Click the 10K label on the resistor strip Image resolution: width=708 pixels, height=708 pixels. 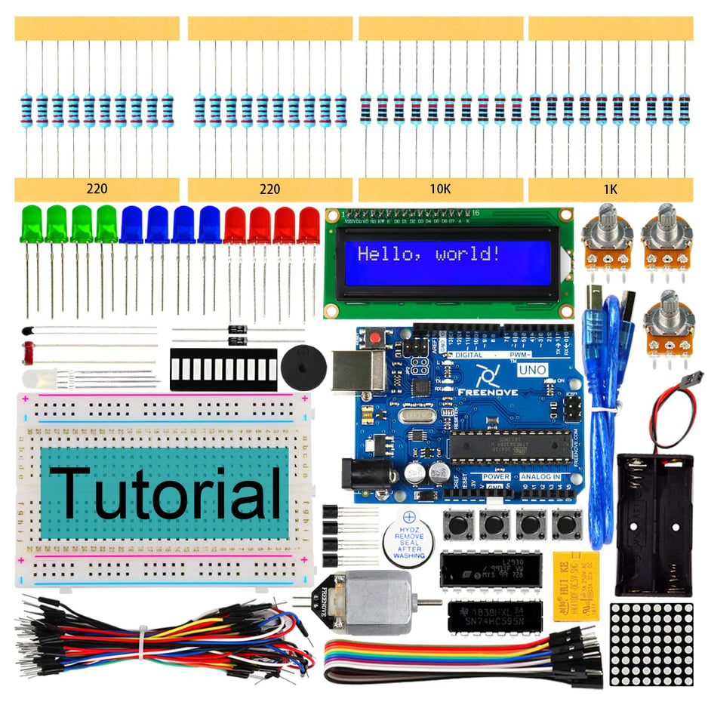(440, 189)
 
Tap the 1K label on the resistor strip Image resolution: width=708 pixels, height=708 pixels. (610, 189)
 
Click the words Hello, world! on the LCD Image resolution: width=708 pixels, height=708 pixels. (428, 254)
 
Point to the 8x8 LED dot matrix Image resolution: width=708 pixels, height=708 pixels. (651, 643)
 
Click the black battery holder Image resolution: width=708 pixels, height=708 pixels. (654, 521)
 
